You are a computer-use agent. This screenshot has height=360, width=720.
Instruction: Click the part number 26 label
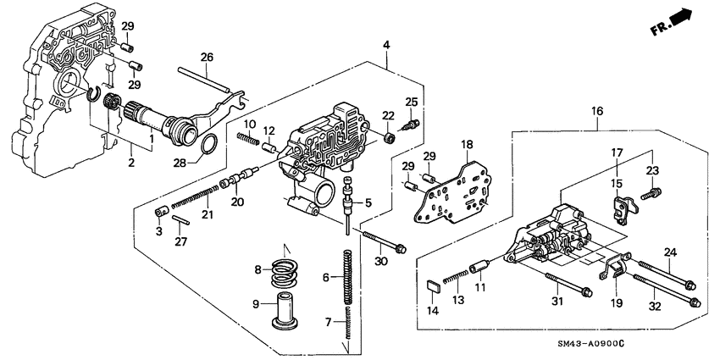[x=207, y=57]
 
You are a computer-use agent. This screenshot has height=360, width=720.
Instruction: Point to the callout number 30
[x=379, y=261]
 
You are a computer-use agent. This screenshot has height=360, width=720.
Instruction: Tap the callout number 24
[x=670, y=252]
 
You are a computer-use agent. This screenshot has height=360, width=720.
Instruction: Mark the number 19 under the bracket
[x=615, y=302]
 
